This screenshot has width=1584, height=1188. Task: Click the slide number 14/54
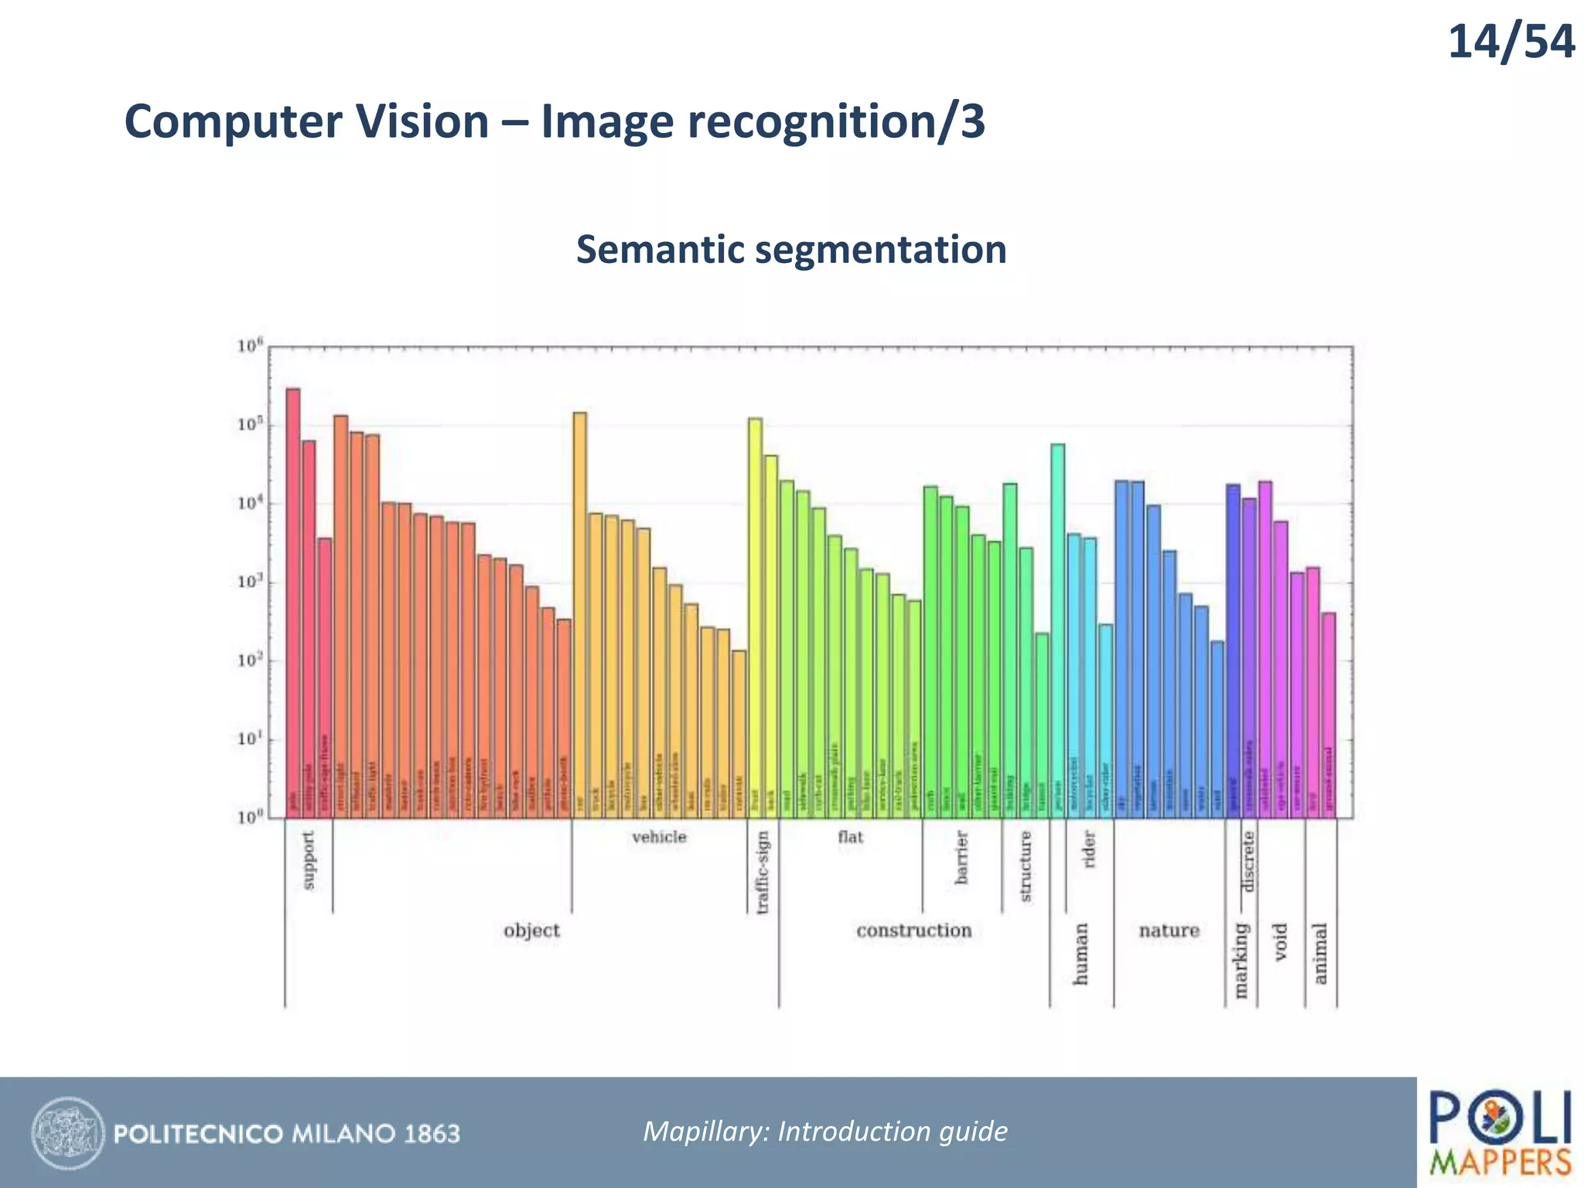pyautogui.click(x=1510, y=43)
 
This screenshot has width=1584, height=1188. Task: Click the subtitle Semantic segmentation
pyautogui.click(x=791, y=250)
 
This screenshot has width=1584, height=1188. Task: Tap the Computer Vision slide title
pyautogui.click(x=555, y=122)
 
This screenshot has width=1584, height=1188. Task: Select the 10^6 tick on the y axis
pyautogui.click(x=251, y=346)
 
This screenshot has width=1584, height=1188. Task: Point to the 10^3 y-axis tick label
pyautogui.click(x=251, y=582)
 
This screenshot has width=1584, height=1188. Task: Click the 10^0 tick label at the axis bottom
pyautogui.click(x=251, y=818)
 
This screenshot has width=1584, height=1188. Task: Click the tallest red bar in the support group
pyautogui.click(x=293, y=603)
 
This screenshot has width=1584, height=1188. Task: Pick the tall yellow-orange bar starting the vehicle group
pyautogui.click(x=579, y=615)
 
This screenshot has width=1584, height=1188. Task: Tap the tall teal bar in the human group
pyautogui.click(x=1057, y=630)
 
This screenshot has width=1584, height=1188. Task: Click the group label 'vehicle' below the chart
pyautogui.click(x=659, y=838)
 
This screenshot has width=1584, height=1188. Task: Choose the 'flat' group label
pyautogui.click(x=850, y=838)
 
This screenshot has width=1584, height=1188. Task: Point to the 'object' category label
pyautogui.click(x=531, y=930)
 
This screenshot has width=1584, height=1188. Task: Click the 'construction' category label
pyautogui.click(x=913, y=930)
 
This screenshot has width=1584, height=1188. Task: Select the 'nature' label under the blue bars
pyautogui.click(x=1169, y=930)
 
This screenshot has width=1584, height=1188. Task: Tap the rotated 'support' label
pyautogui.click(x=309, y=860)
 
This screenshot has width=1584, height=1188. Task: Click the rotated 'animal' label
pyautogui.click(x=1320, y=953)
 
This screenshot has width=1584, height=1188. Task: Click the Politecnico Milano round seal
pyautogui.click(x=67, y=1133)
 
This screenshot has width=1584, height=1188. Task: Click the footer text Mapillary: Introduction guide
pyautogui.click(x=825, y=1132)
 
